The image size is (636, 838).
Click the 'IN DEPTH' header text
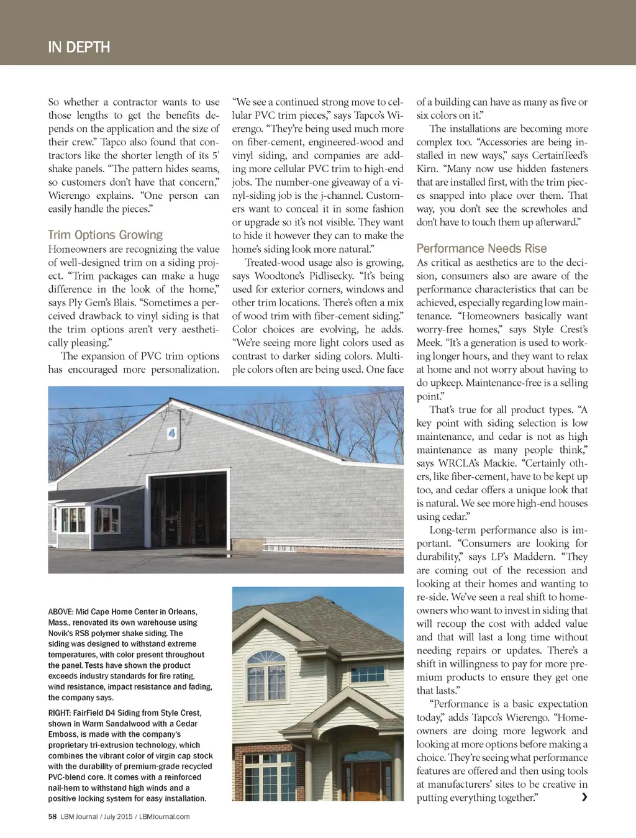point(79,47)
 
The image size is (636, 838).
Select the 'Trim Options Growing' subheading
point(105,235)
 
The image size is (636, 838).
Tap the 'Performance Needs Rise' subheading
point(481,248)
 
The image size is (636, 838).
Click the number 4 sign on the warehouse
point(171,433)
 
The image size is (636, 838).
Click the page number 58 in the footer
point(52,816)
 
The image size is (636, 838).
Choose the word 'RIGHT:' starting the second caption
point(60,713)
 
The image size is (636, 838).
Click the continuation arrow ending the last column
point(584,798)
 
